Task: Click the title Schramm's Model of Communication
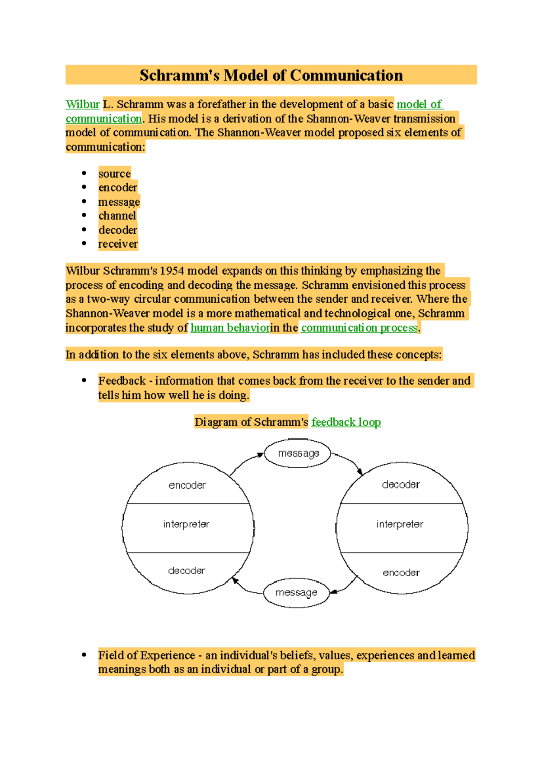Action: pyautogui.click(x=271, y=75)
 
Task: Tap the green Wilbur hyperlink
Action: pyautogui.click(x=82, y=105)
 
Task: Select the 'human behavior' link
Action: pyautogui.click(x=230, y=328)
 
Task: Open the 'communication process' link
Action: pyautogui.click(x=359, y=328)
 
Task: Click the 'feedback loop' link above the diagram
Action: pyautogui.click(x=346, y=422)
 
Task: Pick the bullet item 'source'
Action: pyautogui.click(x=115, y=174)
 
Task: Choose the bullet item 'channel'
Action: pyautogui.click(x=117, y=216)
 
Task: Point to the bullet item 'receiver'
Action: pyautogui.click(x=118, y=244)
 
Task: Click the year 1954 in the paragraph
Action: pyautogui.click(x=172, y=271)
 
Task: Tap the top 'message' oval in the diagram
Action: pyautogui.click(x=298, y=453)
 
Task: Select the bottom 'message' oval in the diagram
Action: pyautogui.click(x=296, y=592)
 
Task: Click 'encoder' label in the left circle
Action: pyautogui.click(x=187, y=485)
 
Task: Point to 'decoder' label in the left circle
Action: pyautogui.click(x=187, y=571)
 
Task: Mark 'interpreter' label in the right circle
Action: pyautogui.click(x=400, y=524)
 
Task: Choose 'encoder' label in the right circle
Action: pyautogui.click(x=401, y=572)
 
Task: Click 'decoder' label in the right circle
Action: pyautogui.click(x=401, y=485)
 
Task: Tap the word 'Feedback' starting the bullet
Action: pyautogui.click(x=122, y=381)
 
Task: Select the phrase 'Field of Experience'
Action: pyautogui.click(x=146, y=655)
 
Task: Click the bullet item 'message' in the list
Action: pyautogui.click(x=119, y=202)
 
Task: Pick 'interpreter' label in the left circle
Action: pyautogui.click(x=186, y=524)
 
